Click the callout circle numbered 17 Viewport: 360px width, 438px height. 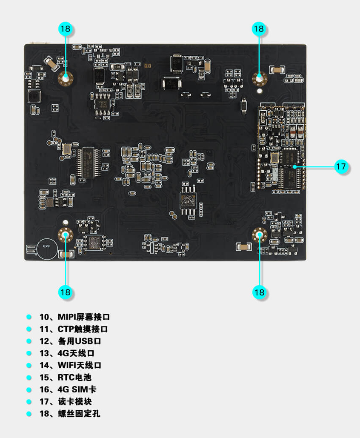point(341,166)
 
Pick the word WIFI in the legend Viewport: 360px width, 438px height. point(68,365)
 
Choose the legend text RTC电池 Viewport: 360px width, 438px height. point(74,377)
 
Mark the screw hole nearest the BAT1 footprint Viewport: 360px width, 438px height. point(66,235)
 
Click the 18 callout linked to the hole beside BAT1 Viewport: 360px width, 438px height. point(65,292)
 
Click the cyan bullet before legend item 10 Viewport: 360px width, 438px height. point(29,317)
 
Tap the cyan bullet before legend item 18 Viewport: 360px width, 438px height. point(29,413)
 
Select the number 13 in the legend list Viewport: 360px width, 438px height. point(44,353)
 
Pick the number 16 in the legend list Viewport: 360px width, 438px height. point(44,389)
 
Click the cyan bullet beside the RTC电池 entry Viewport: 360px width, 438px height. point(29,377)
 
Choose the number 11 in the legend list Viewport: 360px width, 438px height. point(44,329)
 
